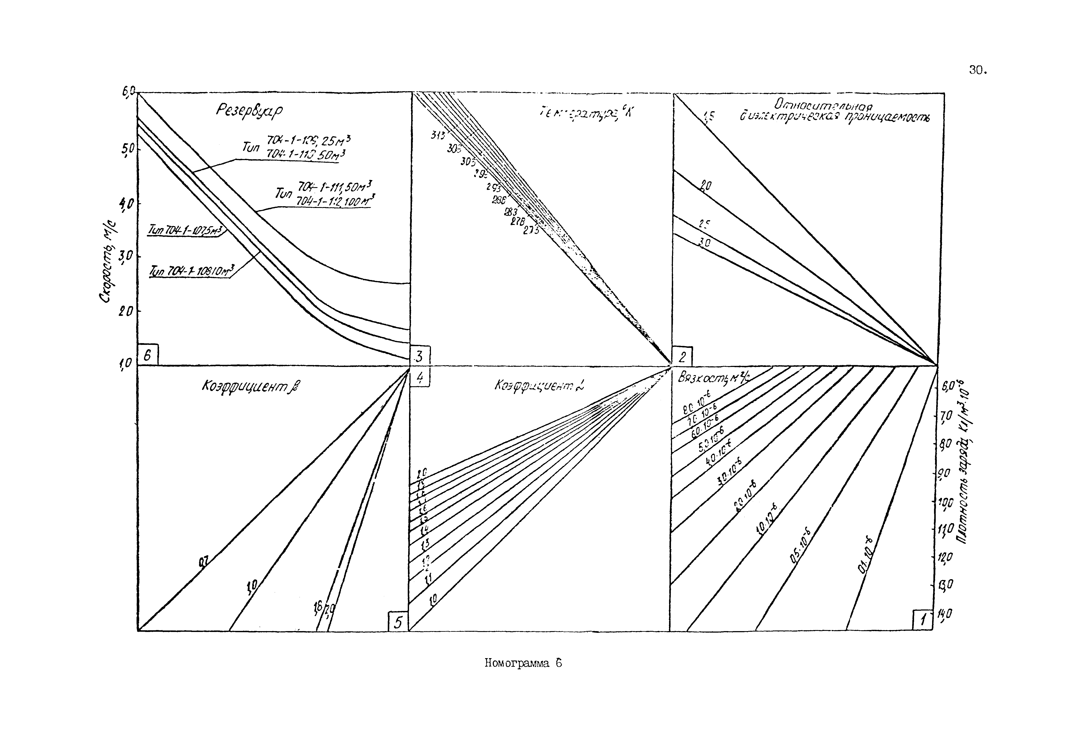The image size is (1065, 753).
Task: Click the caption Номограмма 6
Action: pos(523,664)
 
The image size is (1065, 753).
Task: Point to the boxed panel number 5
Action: pos(397,622)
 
